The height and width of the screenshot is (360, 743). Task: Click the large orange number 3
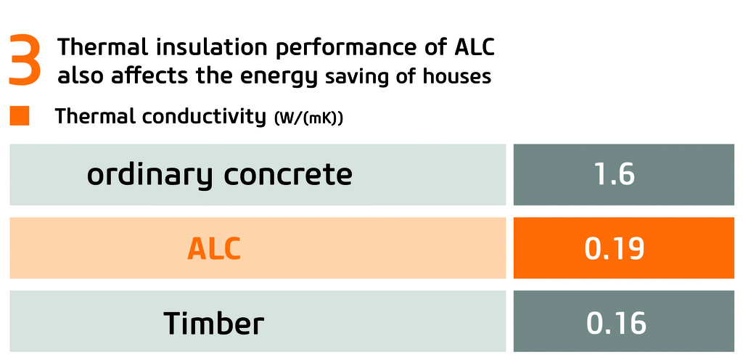click(x=25, y=61)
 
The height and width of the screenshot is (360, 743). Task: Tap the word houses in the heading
click(x=459, y=76)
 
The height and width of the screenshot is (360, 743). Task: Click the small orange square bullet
click(x=20, y=116)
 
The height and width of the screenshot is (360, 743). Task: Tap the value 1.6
click(x=614, y=175)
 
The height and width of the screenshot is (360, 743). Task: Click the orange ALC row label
click(x=214, y=248)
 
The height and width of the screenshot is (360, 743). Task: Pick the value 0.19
click(x=614, y=248)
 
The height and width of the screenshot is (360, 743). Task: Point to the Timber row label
click(x=214, y=323)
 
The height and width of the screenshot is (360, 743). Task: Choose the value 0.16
click(x=616, y=323)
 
